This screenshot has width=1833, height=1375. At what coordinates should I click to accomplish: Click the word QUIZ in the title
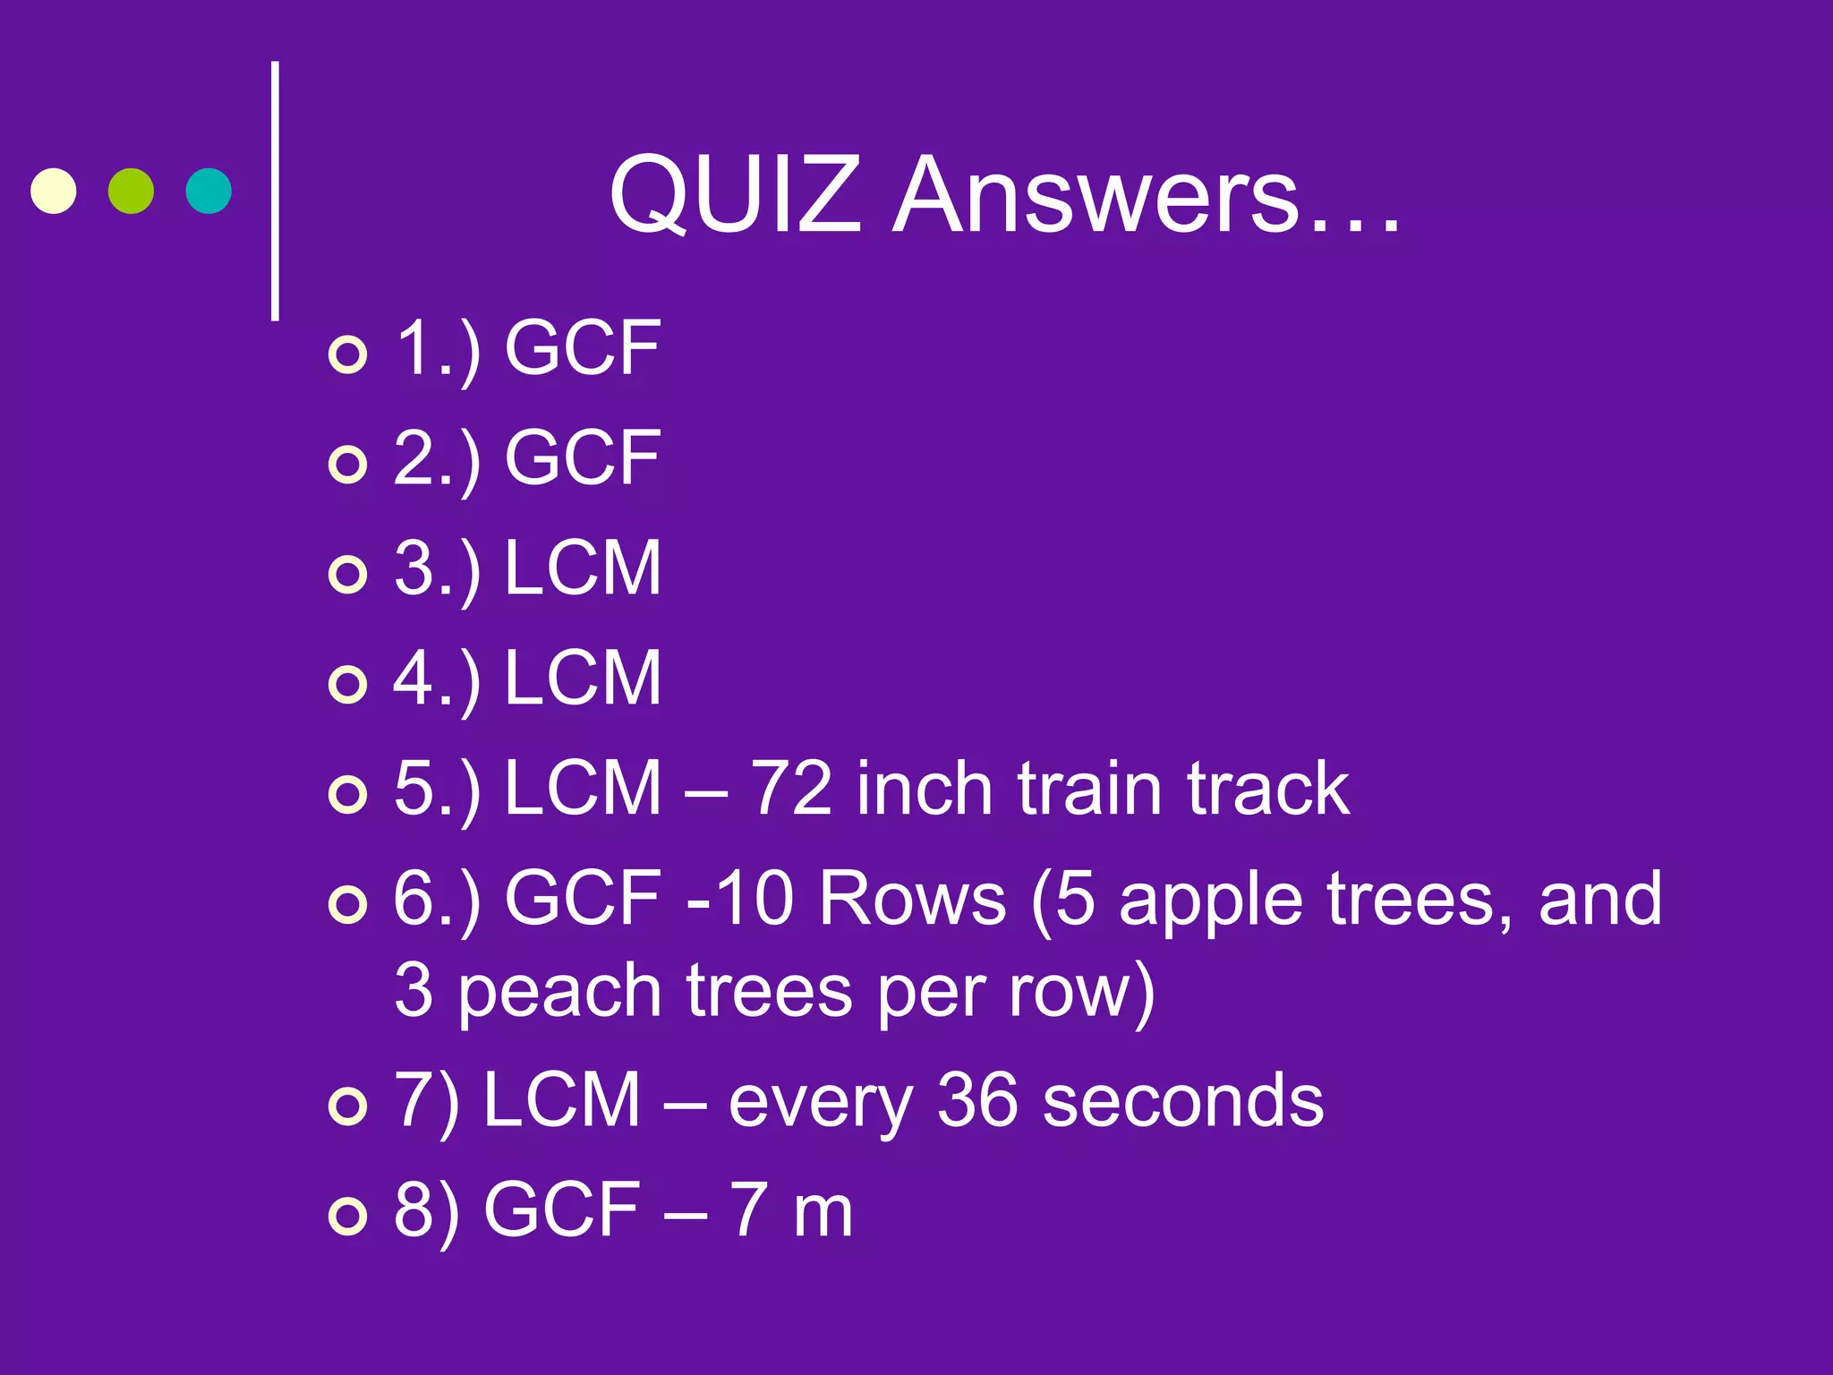[x=734, y=195]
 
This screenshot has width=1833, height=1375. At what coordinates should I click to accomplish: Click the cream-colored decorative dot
[x=54, y=191]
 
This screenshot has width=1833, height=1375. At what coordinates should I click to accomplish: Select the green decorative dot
[x=131, y=191]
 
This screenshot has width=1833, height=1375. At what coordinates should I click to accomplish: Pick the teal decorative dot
[x=209, y=191]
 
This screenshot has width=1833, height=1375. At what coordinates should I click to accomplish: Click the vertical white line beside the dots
[x=275, y=191]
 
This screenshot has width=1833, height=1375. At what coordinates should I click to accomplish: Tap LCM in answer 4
[x=582, y=678]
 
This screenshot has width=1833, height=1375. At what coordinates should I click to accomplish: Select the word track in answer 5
[x=1268, y=789]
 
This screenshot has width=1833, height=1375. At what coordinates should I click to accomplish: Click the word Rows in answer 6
[x=912, y=899]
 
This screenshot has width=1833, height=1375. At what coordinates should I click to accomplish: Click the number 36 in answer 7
[x=977, y=1100]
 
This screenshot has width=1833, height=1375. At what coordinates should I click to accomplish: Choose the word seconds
[x=1182, y=1100]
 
